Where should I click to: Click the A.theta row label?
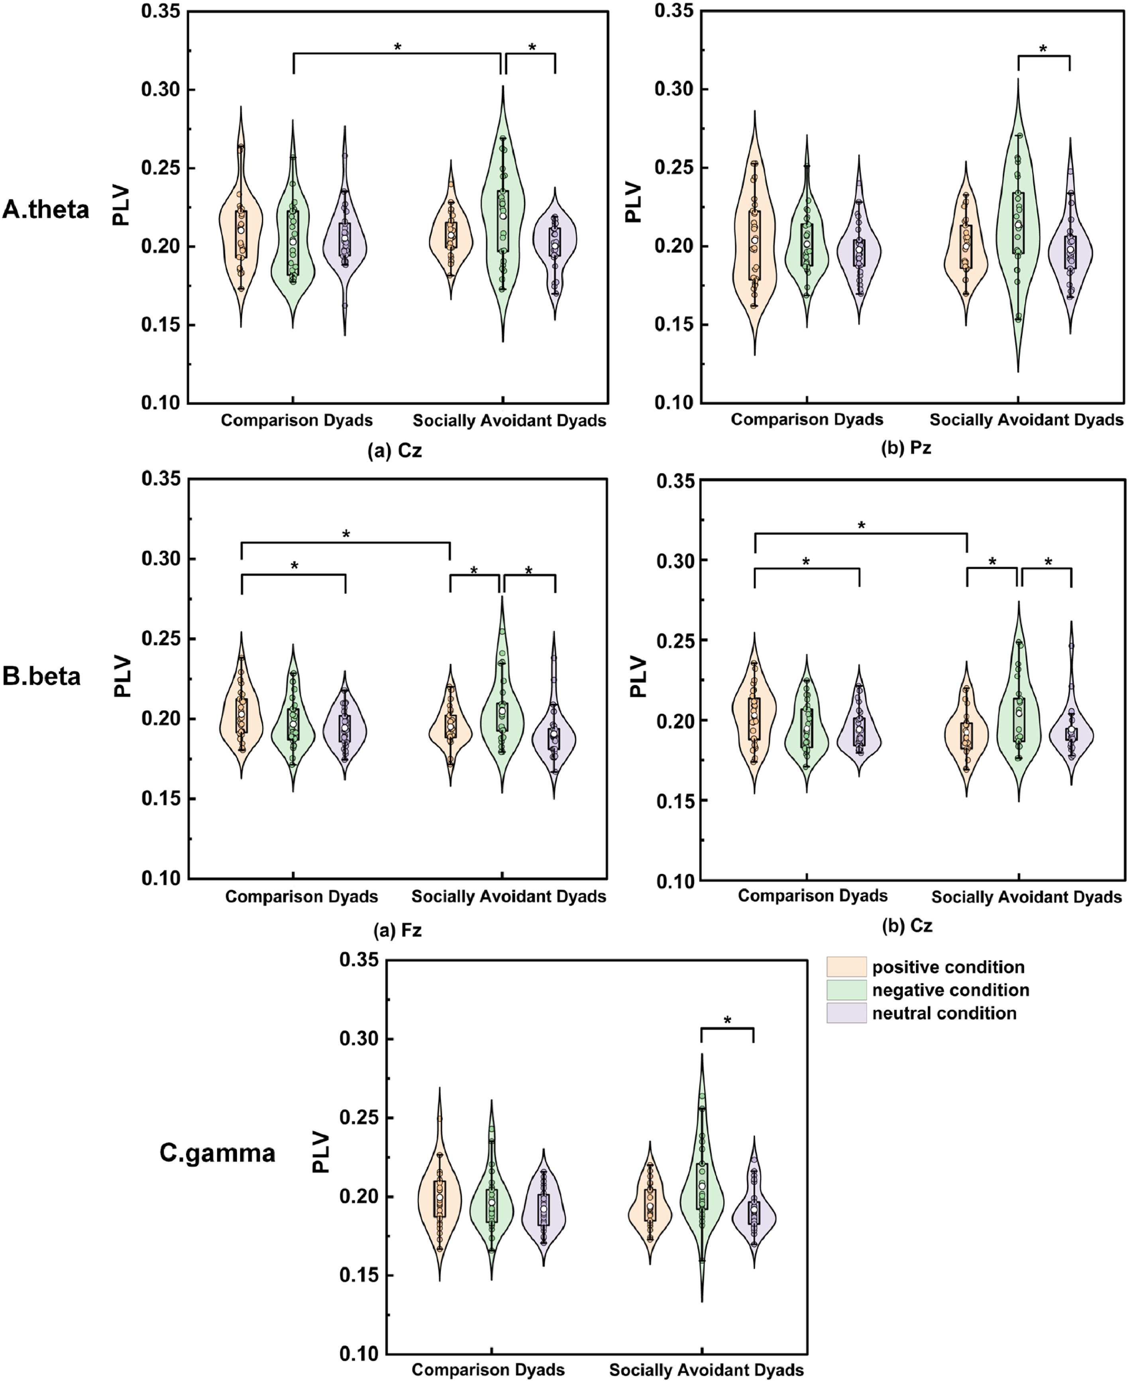point(45,209)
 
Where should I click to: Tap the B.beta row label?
point(41,676)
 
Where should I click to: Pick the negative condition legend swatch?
point(846,990)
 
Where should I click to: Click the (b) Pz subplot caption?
point(906,448)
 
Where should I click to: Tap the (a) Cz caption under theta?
point(395,450)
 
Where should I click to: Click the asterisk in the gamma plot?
point(727,1020)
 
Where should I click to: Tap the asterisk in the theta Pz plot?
point(1043,49)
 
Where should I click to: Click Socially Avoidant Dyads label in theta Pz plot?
point(1026,419)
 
